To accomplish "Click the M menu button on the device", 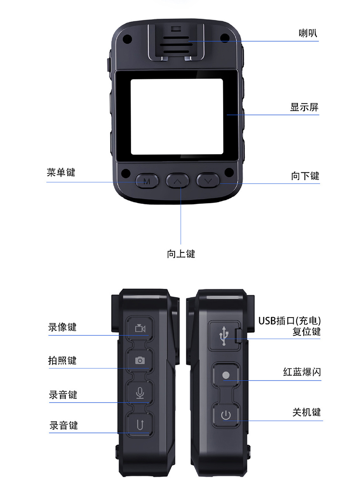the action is click(147, 181).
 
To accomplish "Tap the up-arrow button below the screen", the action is click(178, 181).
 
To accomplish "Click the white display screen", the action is click(177, 116).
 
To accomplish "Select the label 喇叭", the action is click(308, 33).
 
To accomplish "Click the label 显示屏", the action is click(304, 107).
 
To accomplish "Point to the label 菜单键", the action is click(61, 172).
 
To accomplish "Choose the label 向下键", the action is click(305, 176).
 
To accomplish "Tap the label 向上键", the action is click(181, 254).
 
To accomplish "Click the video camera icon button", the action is click(140, 328).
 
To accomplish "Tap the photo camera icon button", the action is click(140, 361).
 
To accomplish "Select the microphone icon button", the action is click(140, 393).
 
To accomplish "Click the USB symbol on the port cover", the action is click(224, 335).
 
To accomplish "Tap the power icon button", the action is click(226, 415).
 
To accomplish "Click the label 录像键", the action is click(62, 327).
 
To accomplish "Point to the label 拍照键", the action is click(62, 360).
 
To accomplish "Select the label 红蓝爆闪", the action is click(302, 372).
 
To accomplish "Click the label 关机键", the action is click(306, 412).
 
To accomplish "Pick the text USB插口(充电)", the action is click(289, 321).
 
